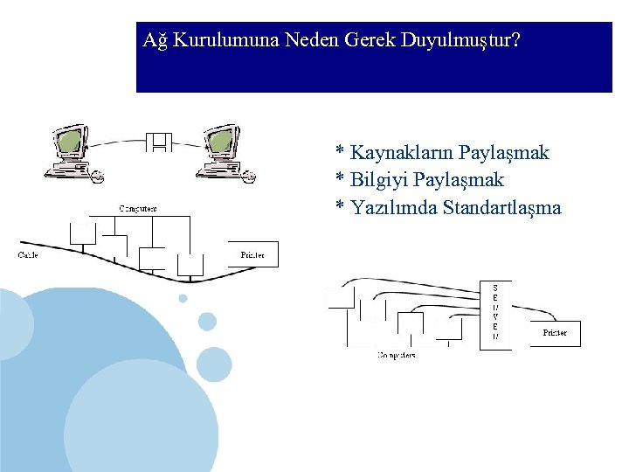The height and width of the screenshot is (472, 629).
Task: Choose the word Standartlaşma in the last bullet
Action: click(501, 208)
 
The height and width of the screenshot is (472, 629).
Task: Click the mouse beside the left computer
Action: click(97, 177)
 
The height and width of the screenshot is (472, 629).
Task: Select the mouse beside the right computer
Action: click(249, 177)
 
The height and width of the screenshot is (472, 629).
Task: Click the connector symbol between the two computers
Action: click(160, 142)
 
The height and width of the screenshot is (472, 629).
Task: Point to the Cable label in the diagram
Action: click(28, 255)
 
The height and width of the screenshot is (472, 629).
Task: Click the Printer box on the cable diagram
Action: click(252, 254)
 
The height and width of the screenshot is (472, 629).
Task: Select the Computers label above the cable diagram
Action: click(138, 209)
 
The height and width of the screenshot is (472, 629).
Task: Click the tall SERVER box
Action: click(495, 315)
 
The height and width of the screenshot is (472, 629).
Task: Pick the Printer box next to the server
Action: click(555, 333)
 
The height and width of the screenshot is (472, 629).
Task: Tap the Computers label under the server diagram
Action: click(397, 356)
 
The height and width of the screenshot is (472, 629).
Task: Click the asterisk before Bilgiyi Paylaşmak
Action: click(340, 180)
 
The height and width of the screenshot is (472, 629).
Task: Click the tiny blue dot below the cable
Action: click(183, 298)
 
